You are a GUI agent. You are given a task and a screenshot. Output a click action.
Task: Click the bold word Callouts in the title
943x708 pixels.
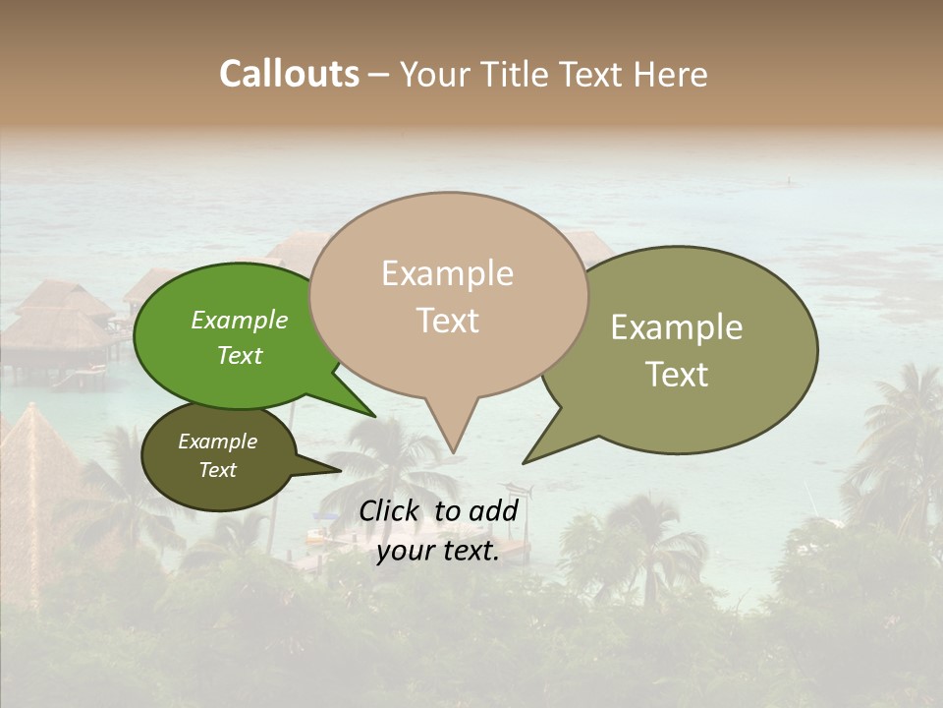[289, 74]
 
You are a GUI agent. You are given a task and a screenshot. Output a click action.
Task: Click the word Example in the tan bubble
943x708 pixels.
[447, 273]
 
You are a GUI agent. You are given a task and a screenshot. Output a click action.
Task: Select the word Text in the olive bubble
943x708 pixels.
[676, 375]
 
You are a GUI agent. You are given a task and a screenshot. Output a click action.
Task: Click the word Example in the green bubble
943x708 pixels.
[239, 320]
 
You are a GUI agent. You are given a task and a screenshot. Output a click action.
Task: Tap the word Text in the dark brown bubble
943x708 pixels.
[217, 470]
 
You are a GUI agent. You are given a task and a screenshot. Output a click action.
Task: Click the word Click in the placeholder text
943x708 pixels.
[390, 510]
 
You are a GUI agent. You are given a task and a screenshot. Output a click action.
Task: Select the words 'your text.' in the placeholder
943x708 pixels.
[437, 551]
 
